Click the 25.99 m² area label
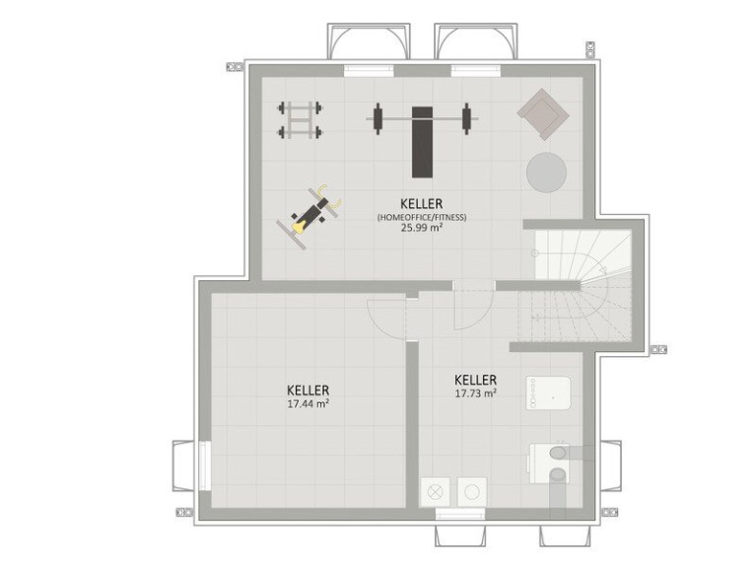coord(422,228)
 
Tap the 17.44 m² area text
coord(309,403)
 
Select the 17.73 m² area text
coord(476,393)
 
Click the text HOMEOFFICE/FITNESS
coord(422,217)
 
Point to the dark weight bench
coord(423,142)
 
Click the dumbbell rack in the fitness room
coord(300,119)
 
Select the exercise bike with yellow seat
coord(309,216)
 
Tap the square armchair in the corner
coord(543,113)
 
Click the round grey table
coord(546,173)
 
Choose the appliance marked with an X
coord(435,492)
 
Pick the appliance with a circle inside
coord(472,492)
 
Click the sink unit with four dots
coord(549,393)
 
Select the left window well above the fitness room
coord(369,41)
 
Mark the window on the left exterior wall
coord(204,465)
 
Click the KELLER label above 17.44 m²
coord(309,390)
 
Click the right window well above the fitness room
coord(475,41)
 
